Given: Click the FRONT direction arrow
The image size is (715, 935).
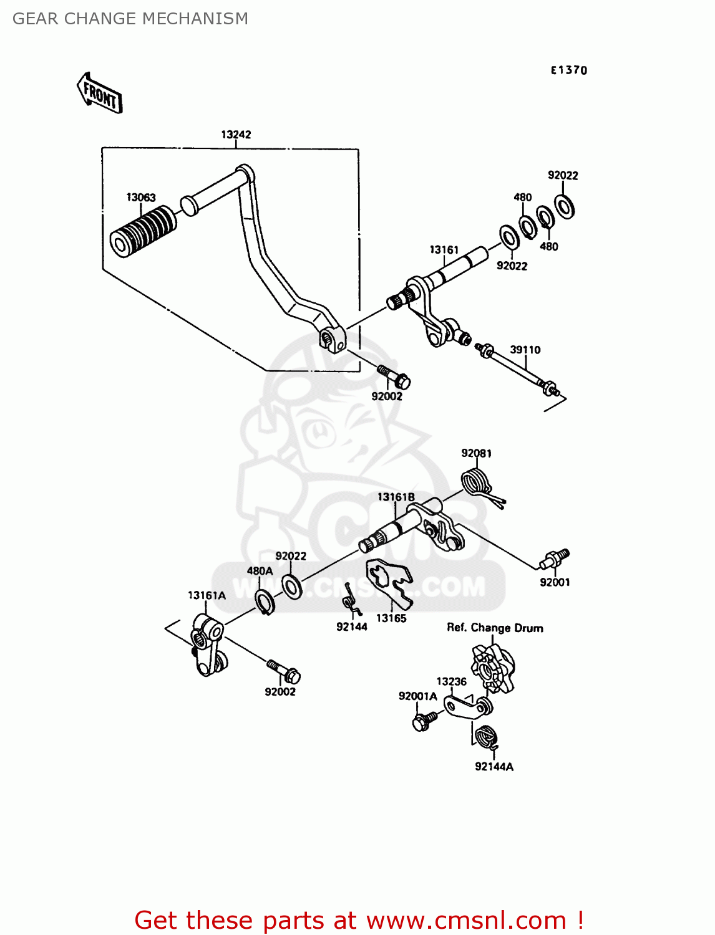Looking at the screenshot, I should (x=100, y=93).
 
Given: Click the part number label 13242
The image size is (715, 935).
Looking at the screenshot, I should (x=236, y=135).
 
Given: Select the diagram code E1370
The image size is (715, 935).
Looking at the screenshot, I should (x=568, y=70).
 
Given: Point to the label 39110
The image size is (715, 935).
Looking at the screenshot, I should (x=525, y=350).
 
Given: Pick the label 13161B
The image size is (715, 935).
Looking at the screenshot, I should (x=396, y=497).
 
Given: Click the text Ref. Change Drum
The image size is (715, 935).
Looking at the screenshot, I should (x=495, y=628).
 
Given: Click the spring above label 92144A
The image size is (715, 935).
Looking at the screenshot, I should (x=487, y=737).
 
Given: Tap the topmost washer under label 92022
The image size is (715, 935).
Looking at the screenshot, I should (x=565, y=206).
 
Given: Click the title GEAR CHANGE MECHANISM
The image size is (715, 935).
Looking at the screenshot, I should (x=130, y=19).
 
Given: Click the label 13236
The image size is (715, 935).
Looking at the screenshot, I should (x=451, y=682).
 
